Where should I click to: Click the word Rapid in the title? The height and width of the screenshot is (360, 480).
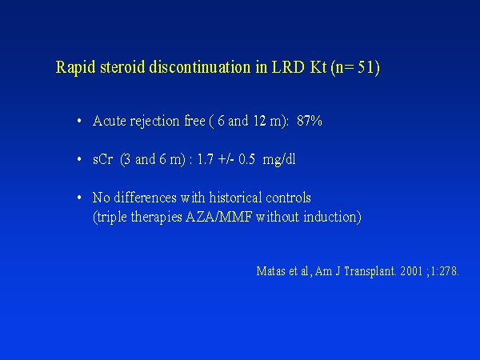click(x=76, y=67)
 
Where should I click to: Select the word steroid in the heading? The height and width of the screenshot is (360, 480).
click(x=122, y=66)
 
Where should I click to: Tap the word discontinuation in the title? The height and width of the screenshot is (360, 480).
click(x=199, y=66)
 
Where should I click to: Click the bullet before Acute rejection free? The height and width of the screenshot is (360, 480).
click(x=79, y=122)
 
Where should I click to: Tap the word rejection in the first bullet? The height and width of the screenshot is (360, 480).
click(x=154, y=122)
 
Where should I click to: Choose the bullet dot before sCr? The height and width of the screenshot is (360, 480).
click(x=79, y=159)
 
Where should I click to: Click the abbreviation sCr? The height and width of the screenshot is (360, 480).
click(x=103, y=159)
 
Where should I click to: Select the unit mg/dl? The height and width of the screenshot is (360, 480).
click(x=279, y=160)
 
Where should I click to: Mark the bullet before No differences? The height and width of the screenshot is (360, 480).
click(x=79, y=198)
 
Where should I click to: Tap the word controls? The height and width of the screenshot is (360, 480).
click(x=288, y=198)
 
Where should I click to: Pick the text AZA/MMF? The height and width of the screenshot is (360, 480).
click(x=219, y=217)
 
